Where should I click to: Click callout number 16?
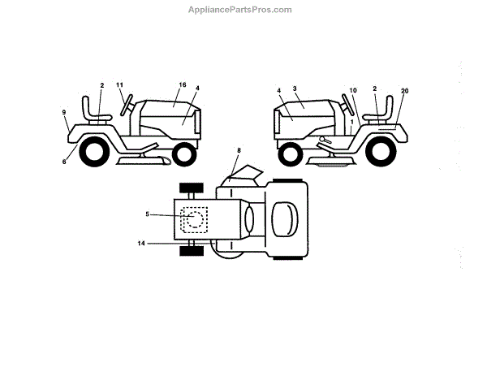[183, 85]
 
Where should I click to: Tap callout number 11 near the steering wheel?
[119, 85]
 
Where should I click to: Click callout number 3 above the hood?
[296, 88]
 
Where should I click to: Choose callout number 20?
[404, 91]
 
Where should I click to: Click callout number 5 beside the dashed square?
[147, 214]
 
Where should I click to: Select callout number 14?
[141, 244]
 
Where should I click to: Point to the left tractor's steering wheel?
[126, 105]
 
